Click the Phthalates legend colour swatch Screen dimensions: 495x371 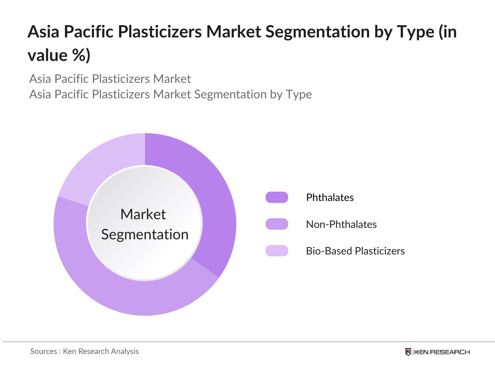pyautogui.click(x=277, y=197)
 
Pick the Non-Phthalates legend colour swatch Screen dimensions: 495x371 pyautogui.click(x=277, y=224)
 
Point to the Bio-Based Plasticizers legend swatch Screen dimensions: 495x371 pyautogui.click(x=277, y=251)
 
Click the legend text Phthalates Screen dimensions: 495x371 pyautogui.click(x=330, y=198)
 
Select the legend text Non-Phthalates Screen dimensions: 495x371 pyautogui.click(x=341, y=224)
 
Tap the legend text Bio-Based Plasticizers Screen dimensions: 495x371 pyautogui.click(x=355, y=251)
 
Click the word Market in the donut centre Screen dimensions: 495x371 pyautogui.click(x=143, y=214)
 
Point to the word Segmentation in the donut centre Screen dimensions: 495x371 pyautogui.click(x=145, y=235)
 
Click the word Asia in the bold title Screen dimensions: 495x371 pyautogui.click(x=43, y=32)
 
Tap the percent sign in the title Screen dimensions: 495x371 pyautogui.click(x=79, y=55)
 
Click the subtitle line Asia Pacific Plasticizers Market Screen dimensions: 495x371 pyautogui.click(x=110, y=79)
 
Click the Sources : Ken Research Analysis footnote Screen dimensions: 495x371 pyautogui.click(x=84, y=352)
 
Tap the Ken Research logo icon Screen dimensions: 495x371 pyautogui.click(x=408, y=352)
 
